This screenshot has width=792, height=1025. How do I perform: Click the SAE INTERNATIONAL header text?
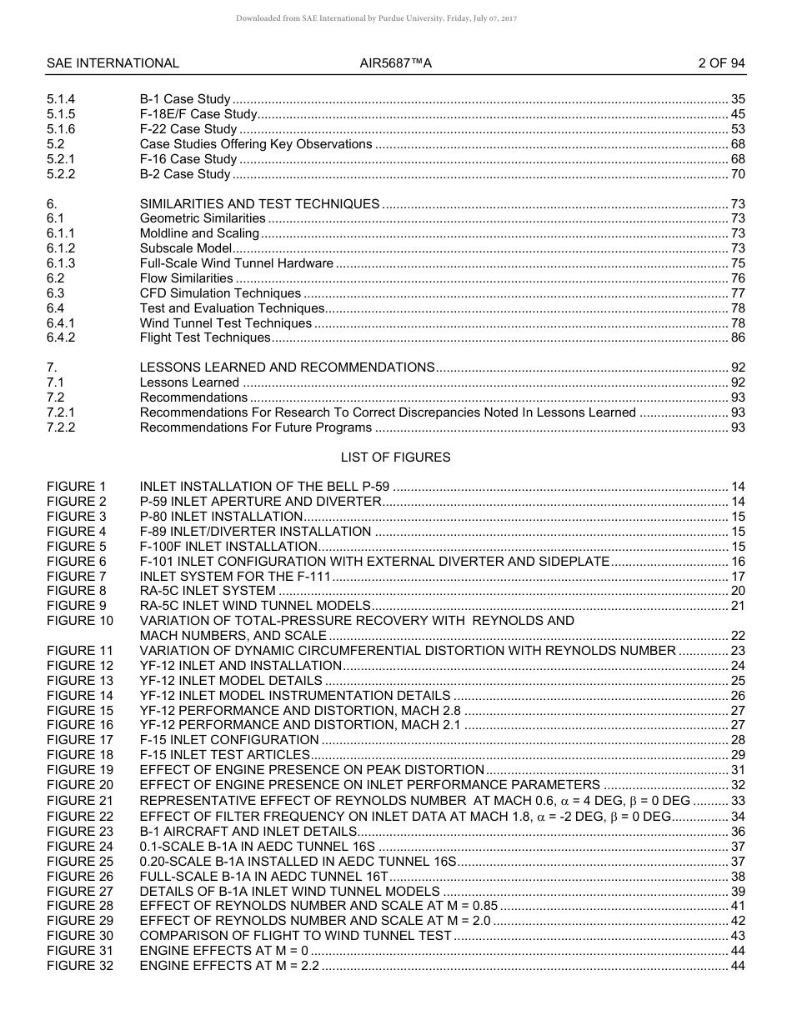[x=113, y=63]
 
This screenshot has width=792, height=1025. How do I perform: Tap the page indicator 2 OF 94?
[x=721, y=63]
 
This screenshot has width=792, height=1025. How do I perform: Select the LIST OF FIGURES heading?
[x=395, y=457]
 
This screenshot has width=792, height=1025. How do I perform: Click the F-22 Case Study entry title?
[x=188, y=129]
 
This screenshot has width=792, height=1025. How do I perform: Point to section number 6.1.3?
[x=61, y=263]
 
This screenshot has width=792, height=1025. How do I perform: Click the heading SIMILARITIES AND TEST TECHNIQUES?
[x=259, y=204]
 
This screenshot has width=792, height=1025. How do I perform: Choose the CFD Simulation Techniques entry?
[x=220, y=293]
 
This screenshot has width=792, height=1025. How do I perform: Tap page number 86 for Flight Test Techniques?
[x=738, y=337]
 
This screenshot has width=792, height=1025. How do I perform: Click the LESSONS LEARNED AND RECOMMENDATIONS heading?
[x=287, y=367]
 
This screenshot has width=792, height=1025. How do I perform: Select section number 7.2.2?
[x=61, y=427]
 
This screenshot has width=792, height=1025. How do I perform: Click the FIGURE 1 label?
[x=77, y=487]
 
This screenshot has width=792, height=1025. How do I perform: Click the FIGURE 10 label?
[x=80, y=621]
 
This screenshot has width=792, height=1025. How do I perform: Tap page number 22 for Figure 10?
[x=738, y=636]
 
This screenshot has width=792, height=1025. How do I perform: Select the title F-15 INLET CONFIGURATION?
[x=229, y=740]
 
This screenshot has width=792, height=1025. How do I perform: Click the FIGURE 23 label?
[x=80, y=832]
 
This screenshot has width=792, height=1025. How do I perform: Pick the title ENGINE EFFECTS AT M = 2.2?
[x=229, y=966]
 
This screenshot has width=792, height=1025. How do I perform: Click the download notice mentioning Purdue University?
[x=377, y=17]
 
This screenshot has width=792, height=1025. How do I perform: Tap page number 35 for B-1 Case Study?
[x=738, y=99]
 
